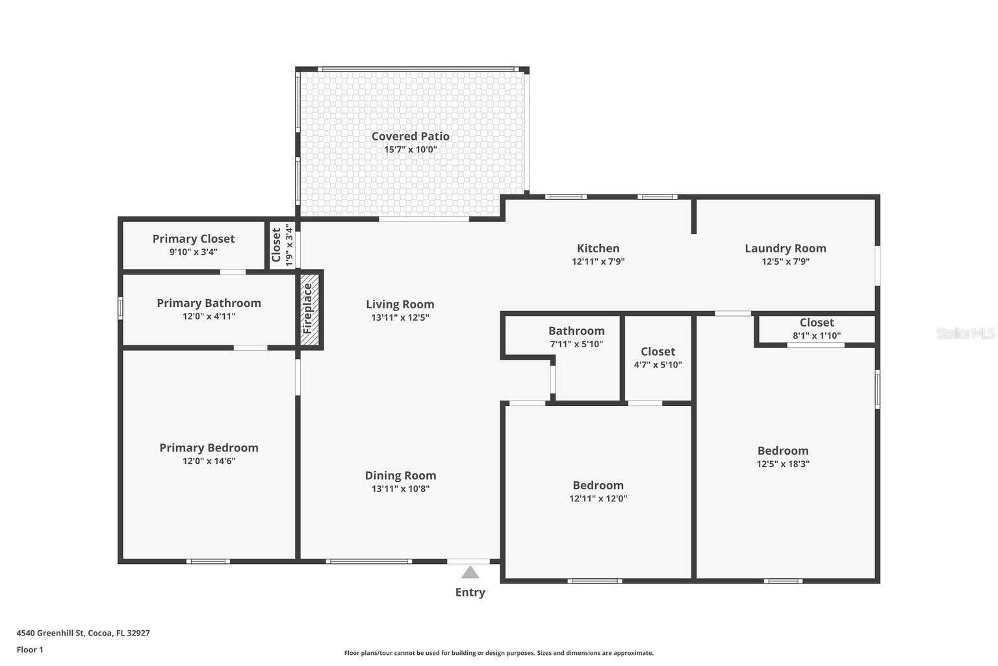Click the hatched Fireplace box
pos(309,309)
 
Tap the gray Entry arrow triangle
pos(470,572)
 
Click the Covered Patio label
pos(411,136)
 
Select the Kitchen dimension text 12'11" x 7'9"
pos(598,261)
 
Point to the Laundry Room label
pos(786,248)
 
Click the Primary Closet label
pos(194,239)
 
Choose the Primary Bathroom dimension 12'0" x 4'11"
pos(209,316)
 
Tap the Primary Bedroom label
pos(209,447)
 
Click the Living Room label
pos(400,304)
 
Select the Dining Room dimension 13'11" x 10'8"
pos(400,488)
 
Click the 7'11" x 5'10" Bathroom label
pos(576,330)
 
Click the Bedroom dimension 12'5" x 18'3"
pos(783,464)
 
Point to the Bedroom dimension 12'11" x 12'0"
pos(598,498)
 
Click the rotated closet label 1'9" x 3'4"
pos(289,245)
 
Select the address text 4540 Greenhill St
pos(50,633)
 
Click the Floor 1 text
pos(30,650)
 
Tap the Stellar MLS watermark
pos(965,333)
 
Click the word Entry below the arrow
pos(470,593)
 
